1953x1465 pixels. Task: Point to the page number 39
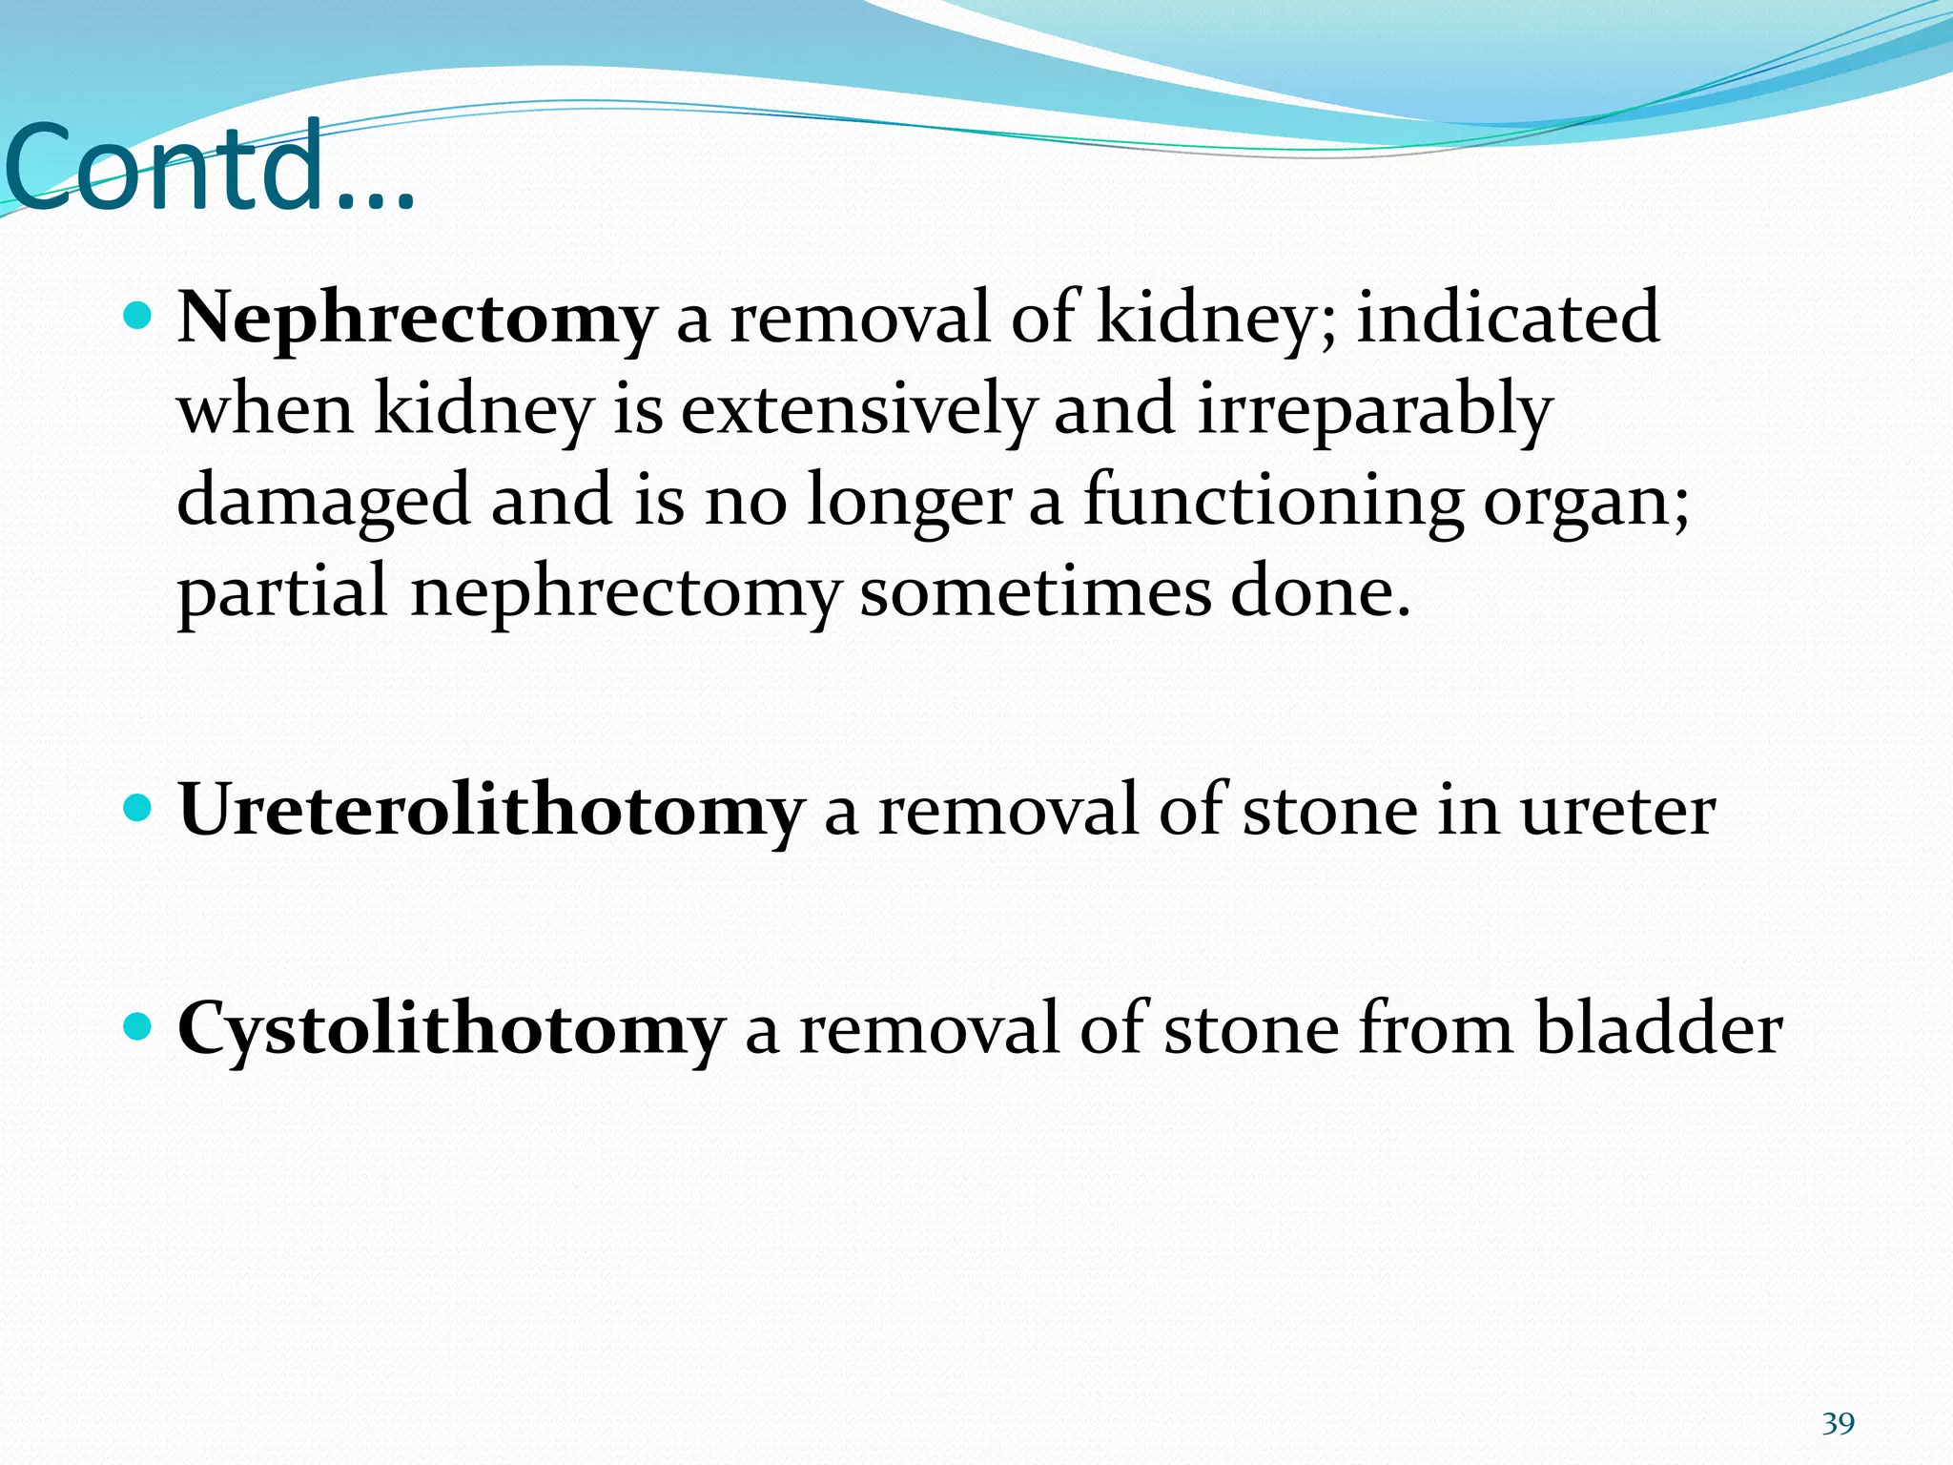coord(1838,1424)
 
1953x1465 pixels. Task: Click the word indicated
coord(1508,318)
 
